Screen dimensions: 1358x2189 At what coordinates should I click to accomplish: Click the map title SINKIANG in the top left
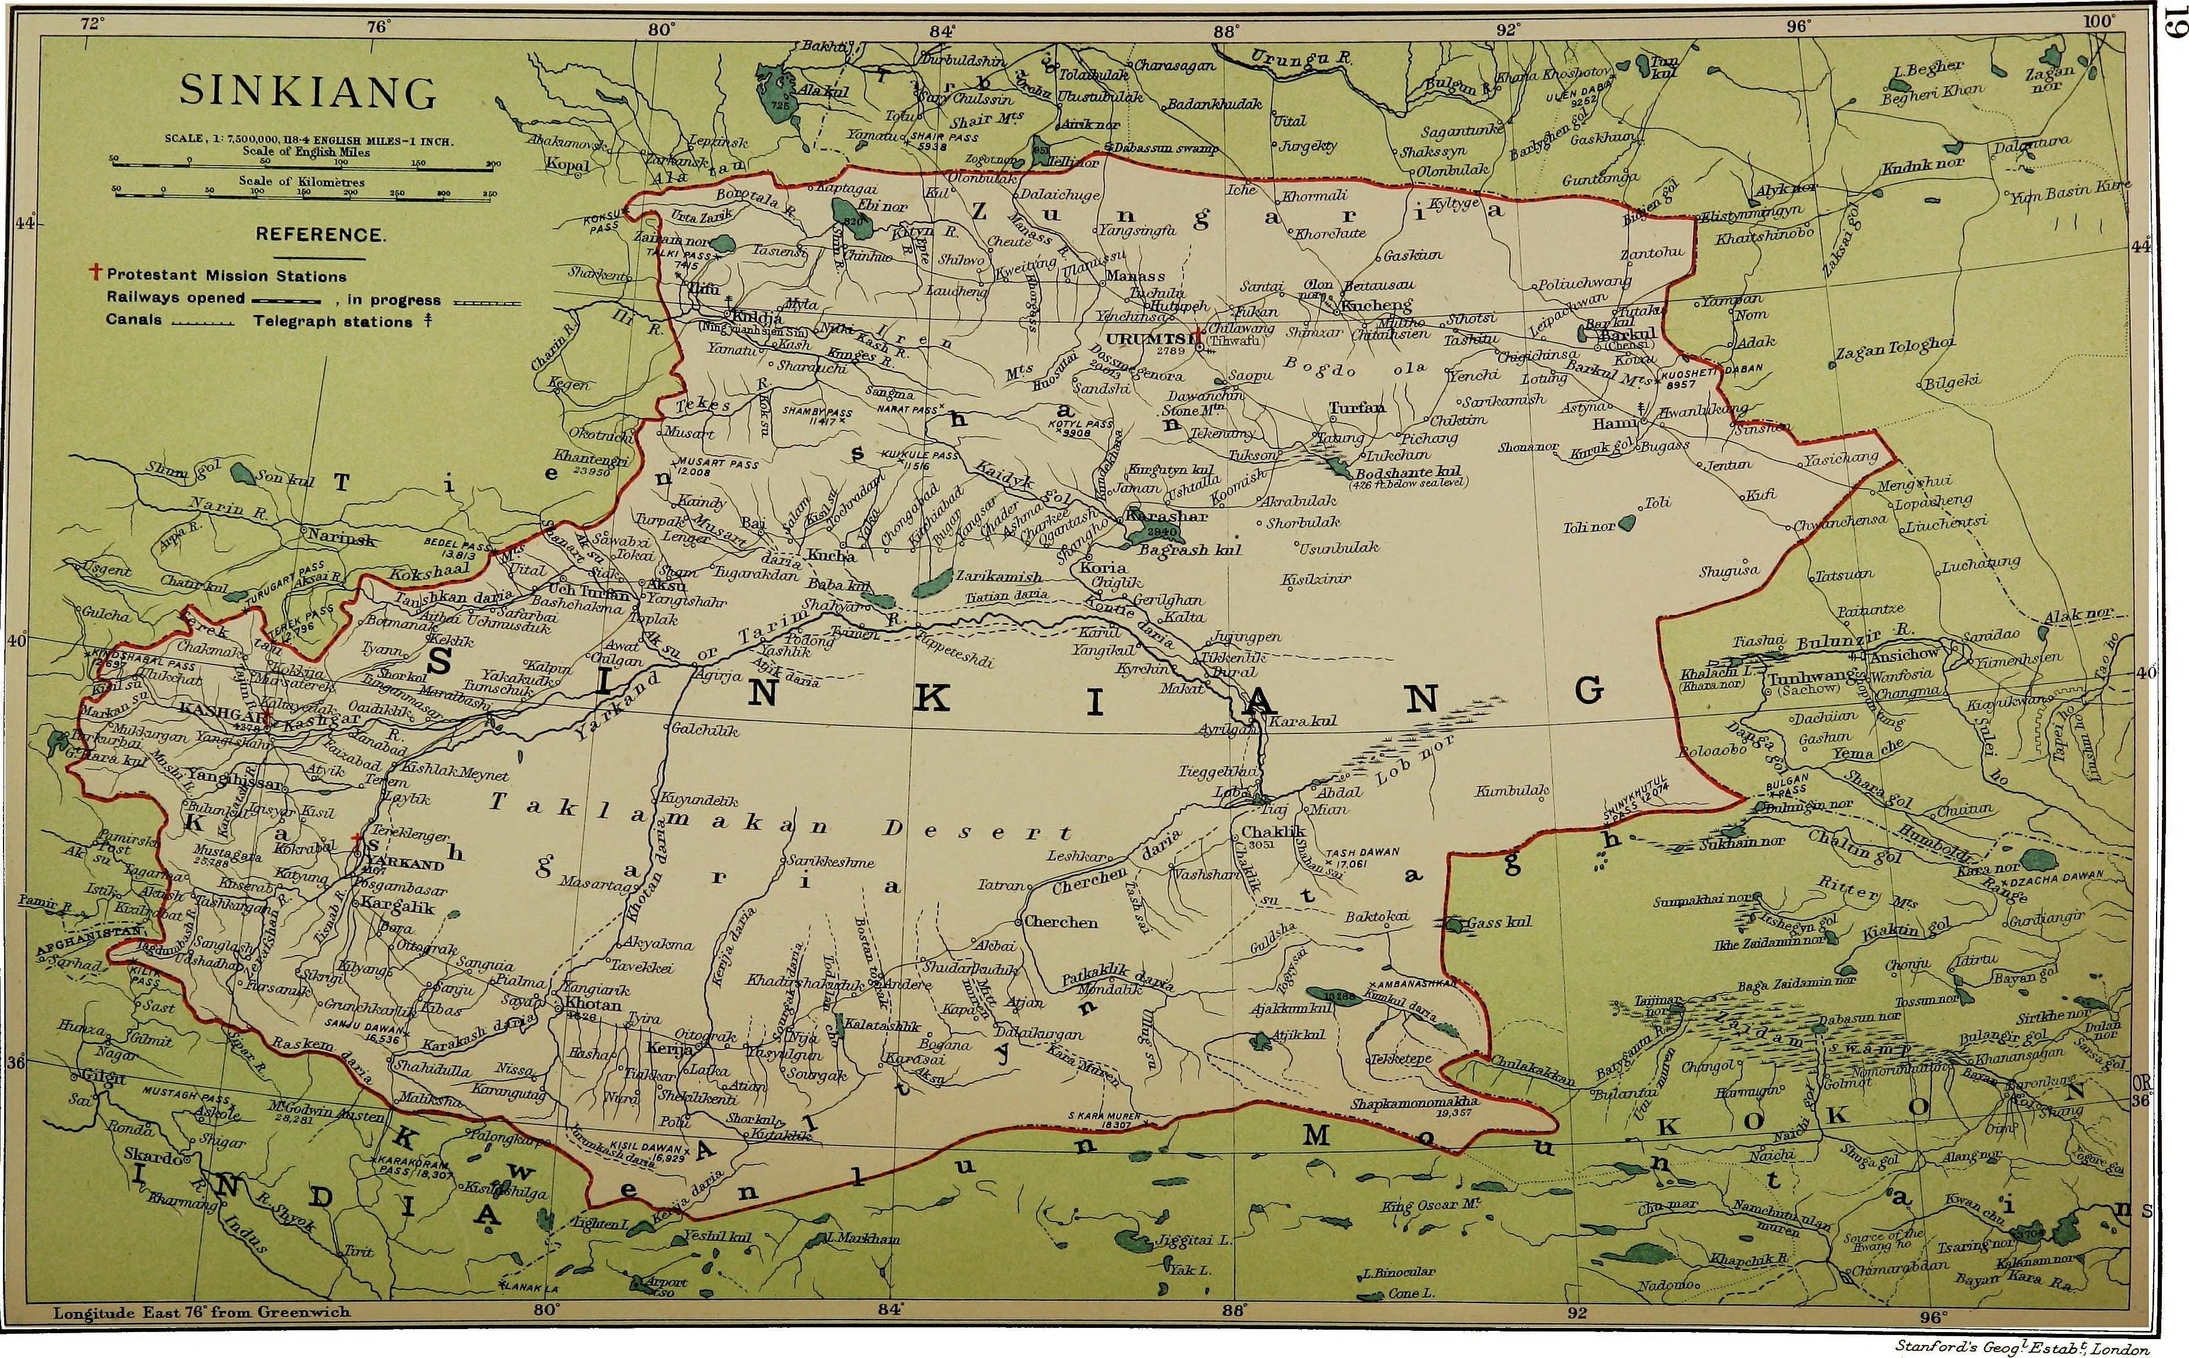(308, 91)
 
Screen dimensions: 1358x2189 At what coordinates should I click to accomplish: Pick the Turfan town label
(1357, 408)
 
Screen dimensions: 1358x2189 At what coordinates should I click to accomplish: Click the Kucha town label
(831, 556)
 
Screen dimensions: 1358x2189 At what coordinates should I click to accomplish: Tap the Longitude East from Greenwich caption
(201, 1312)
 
